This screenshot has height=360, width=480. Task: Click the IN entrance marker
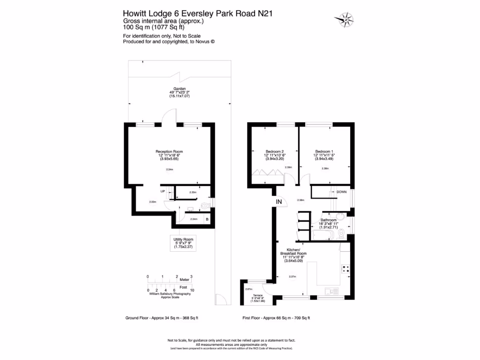(x=279, y=202)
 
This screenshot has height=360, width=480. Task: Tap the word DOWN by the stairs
(x=342, y=192)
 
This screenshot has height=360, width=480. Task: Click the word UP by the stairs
(x=163, y=191)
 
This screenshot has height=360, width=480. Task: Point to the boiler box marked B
(x=207, y=219)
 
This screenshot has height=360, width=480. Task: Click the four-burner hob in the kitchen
(x=346, y=269)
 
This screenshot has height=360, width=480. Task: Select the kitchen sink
(x=336, y=291)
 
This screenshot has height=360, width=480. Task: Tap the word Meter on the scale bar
(x=184, y=279)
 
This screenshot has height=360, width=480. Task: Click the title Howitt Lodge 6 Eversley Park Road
(x=197, y=14)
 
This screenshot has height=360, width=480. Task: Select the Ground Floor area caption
(x=162, y=318)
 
